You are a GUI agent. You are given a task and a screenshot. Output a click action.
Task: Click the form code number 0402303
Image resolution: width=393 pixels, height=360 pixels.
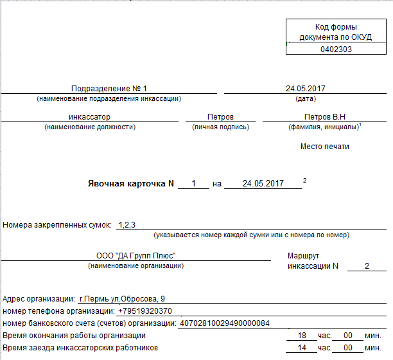[336, 49]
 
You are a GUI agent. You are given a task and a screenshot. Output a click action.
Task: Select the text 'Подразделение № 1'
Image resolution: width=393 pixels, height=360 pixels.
[109, 89]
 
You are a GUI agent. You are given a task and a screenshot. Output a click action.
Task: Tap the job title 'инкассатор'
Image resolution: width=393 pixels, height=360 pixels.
[89, 117]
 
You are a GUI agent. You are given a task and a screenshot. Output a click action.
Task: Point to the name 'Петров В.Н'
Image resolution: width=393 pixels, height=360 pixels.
[325, 117]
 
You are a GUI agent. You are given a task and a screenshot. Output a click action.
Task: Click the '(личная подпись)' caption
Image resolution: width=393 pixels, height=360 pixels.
[220, 127]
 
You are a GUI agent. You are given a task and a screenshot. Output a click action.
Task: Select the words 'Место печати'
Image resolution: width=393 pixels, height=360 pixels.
[325, 147]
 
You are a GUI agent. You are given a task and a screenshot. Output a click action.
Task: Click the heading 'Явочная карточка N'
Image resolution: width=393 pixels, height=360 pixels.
[131, 183]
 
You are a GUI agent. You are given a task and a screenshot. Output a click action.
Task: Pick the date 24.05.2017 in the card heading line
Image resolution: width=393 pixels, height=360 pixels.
[263, 183]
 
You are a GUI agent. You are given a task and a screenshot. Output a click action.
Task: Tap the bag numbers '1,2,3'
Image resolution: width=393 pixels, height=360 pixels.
[127, 225]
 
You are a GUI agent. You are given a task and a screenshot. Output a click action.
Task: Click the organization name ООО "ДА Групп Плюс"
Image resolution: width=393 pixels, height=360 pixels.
[135, 256]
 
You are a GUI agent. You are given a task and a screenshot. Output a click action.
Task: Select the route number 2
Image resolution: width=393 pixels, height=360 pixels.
[367, 266]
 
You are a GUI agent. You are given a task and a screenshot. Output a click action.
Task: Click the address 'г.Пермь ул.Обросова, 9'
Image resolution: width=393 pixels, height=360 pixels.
[121, 299]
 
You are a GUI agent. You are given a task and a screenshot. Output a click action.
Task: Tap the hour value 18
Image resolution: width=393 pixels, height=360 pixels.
[302, 336]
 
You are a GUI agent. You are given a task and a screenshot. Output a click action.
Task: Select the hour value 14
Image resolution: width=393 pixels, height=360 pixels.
[302, 348]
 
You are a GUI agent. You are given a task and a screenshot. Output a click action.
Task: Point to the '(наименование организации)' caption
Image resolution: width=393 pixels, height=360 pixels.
[135, 265]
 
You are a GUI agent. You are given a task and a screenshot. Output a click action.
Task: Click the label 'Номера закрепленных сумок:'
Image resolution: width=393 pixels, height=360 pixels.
[57, 225]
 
